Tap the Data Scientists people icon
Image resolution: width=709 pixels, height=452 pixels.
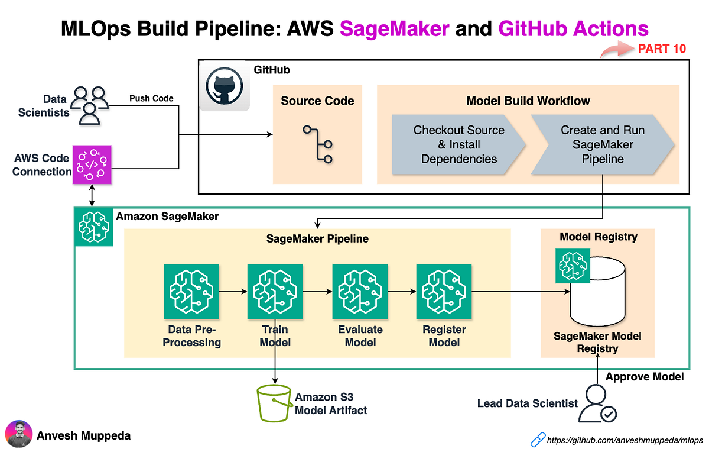tap(90, 104)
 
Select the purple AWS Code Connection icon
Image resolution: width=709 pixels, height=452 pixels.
tap(92, 164)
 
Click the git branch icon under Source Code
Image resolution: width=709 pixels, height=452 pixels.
tap(317, 144)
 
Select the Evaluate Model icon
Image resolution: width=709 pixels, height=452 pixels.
tap(360, 291)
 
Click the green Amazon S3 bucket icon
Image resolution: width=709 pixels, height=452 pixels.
tap(274, 404)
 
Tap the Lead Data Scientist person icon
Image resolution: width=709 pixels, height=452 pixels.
tap(597, 404)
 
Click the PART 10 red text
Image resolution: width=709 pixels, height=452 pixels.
tap(662, 49)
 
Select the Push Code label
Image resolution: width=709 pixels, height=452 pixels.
tap(151, 98)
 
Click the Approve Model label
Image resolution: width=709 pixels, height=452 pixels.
tap(645, 376)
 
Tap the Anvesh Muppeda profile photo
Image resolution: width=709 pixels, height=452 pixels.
tap(18, 435)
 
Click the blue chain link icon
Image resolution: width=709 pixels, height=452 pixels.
tap(537, 440)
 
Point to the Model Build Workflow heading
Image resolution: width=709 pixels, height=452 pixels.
tap(528, 101)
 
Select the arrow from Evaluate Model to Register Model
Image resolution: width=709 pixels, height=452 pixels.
tap(402, 291)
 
